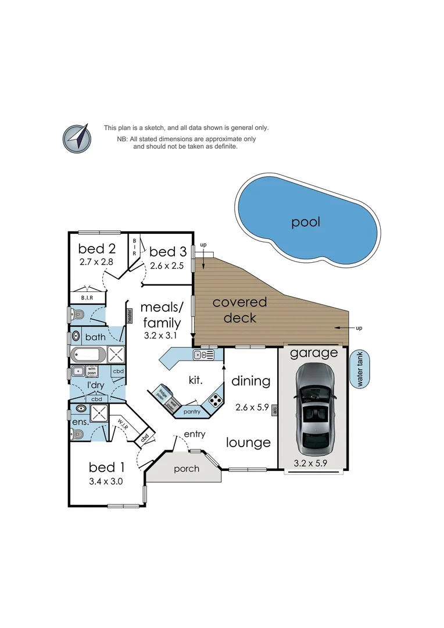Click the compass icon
pos(77,138)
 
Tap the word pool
pos(306,222)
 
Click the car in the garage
pos(314,410)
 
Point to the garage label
pos(314,352)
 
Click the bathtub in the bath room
pos(88,354)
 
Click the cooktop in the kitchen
pos(215,400)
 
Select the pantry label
pos(192,412)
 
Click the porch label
pos(186,469)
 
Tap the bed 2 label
pos(97,249)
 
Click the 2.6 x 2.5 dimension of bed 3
pos(167,266)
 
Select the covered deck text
pos(239,310)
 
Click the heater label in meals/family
pos(130,316)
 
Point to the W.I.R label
pos(123,424)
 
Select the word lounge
pos(248,443)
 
